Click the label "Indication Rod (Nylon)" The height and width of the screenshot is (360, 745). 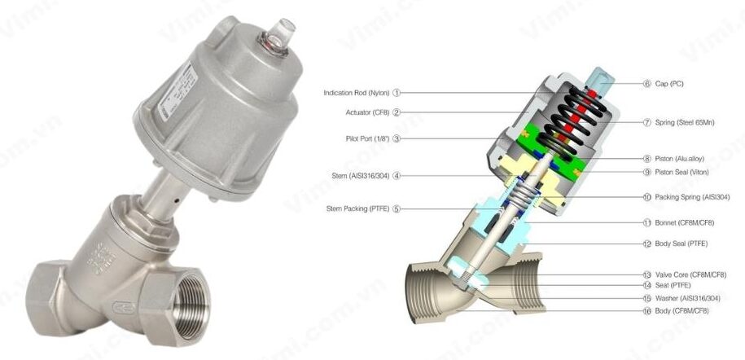(357, 93)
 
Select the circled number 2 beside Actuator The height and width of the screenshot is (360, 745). (397, 112)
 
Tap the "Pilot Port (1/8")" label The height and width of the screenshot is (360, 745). (367, 138)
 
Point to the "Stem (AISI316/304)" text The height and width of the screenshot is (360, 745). (361, 175)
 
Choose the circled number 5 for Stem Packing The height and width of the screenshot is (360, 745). (397, 209)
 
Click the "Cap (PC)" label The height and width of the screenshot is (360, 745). (669, 83)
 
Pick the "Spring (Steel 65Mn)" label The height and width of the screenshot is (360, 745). (684, 122)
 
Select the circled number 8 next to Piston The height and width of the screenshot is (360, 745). (646, 159)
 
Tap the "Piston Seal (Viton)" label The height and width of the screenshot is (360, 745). (681, 172)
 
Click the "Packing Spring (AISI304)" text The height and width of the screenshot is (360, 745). (692, 197)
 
